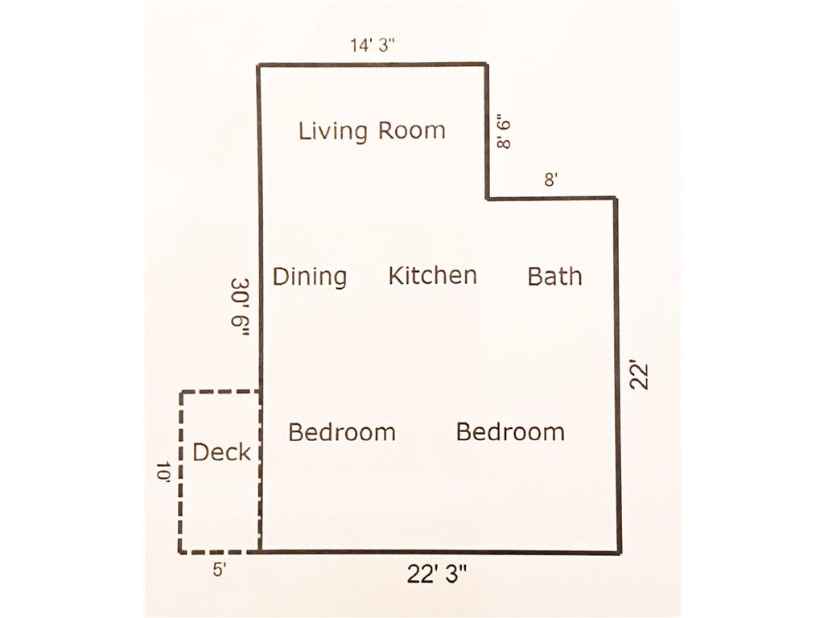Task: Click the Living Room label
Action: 372,131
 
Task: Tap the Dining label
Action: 310,277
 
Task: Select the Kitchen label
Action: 432,275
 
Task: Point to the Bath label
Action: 555,277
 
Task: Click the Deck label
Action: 222,452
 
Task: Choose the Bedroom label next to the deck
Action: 341,432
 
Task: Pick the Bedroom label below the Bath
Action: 510,432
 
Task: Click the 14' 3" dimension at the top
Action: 373,45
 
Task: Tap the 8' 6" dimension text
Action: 504,134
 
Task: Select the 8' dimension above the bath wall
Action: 550,180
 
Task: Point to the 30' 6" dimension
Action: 240,307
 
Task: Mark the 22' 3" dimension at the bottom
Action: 437,574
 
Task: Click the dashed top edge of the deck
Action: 220,392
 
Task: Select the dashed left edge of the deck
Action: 181,472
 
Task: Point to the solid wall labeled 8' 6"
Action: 488,131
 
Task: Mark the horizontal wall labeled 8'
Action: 552,199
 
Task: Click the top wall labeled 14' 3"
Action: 373,65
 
